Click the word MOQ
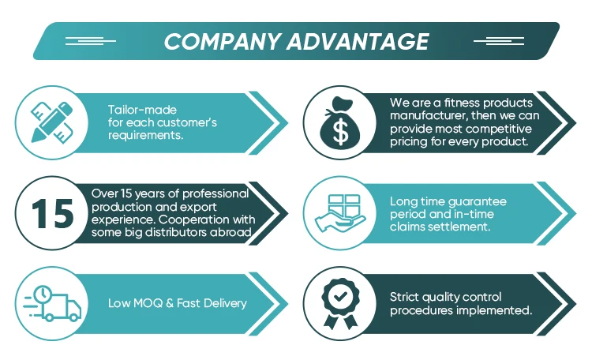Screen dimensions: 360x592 click(145, 303)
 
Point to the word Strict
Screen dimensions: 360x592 click(405, 298)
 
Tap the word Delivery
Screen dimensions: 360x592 click(224, 303)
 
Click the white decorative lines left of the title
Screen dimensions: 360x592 click(90, 40)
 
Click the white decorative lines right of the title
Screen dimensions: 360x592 click(499, 40)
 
